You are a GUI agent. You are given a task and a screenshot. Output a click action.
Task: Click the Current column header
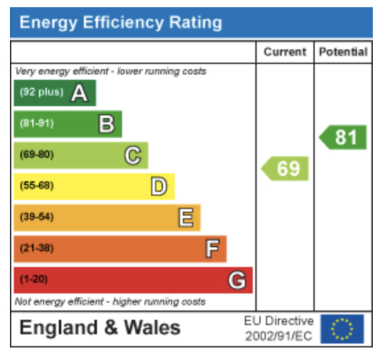click(285, 52)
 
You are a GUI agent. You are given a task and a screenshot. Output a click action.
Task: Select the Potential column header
click(343, 52)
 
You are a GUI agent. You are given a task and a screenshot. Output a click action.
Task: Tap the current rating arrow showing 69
click(286, 168)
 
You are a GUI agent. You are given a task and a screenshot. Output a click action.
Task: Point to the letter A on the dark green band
click(79, 93)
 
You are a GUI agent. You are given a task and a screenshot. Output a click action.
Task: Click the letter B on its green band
click(107, 124)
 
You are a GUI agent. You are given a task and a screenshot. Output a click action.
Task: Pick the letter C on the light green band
click(133, 155)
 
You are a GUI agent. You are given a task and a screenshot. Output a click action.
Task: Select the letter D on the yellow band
click(159, 187)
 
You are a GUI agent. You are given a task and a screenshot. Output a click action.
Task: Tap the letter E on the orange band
click(186, 218)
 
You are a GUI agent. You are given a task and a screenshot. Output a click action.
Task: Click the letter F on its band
click(212, 249)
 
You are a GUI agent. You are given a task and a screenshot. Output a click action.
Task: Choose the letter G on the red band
click(237, 280)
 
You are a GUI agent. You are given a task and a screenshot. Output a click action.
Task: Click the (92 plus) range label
click(42, 92)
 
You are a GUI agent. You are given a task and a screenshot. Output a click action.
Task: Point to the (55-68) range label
click(37, 186)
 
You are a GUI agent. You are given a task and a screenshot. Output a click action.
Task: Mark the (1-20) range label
click(34, 279)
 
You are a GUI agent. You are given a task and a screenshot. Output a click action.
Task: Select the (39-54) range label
click(37, 217)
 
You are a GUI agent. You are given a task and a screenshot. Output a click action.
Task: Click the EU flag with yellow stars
click(342, 329)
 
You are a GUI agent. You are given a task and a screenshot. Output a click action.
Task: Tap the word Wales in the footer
click(152, 328)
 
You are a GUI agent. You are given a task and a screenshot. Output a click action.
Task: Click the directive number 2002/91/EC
click(279, 336)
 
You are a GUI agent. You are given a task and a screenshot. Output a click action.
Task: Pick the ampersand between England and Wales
click(111, 328)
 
